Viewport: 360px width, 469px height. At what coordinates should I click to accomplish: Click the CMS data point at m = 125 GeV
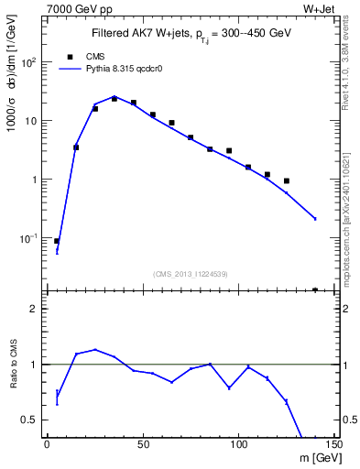(287, 181)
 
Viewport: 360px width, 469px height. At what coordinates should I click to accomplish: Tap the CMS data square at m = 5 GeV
(57, 241)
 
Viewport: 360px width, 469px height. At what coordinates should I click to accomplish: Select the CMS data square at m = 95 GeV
(229, 150)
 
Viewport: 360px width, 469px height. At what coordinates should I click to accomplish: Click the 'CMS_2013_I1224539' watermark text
(191, 273)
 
